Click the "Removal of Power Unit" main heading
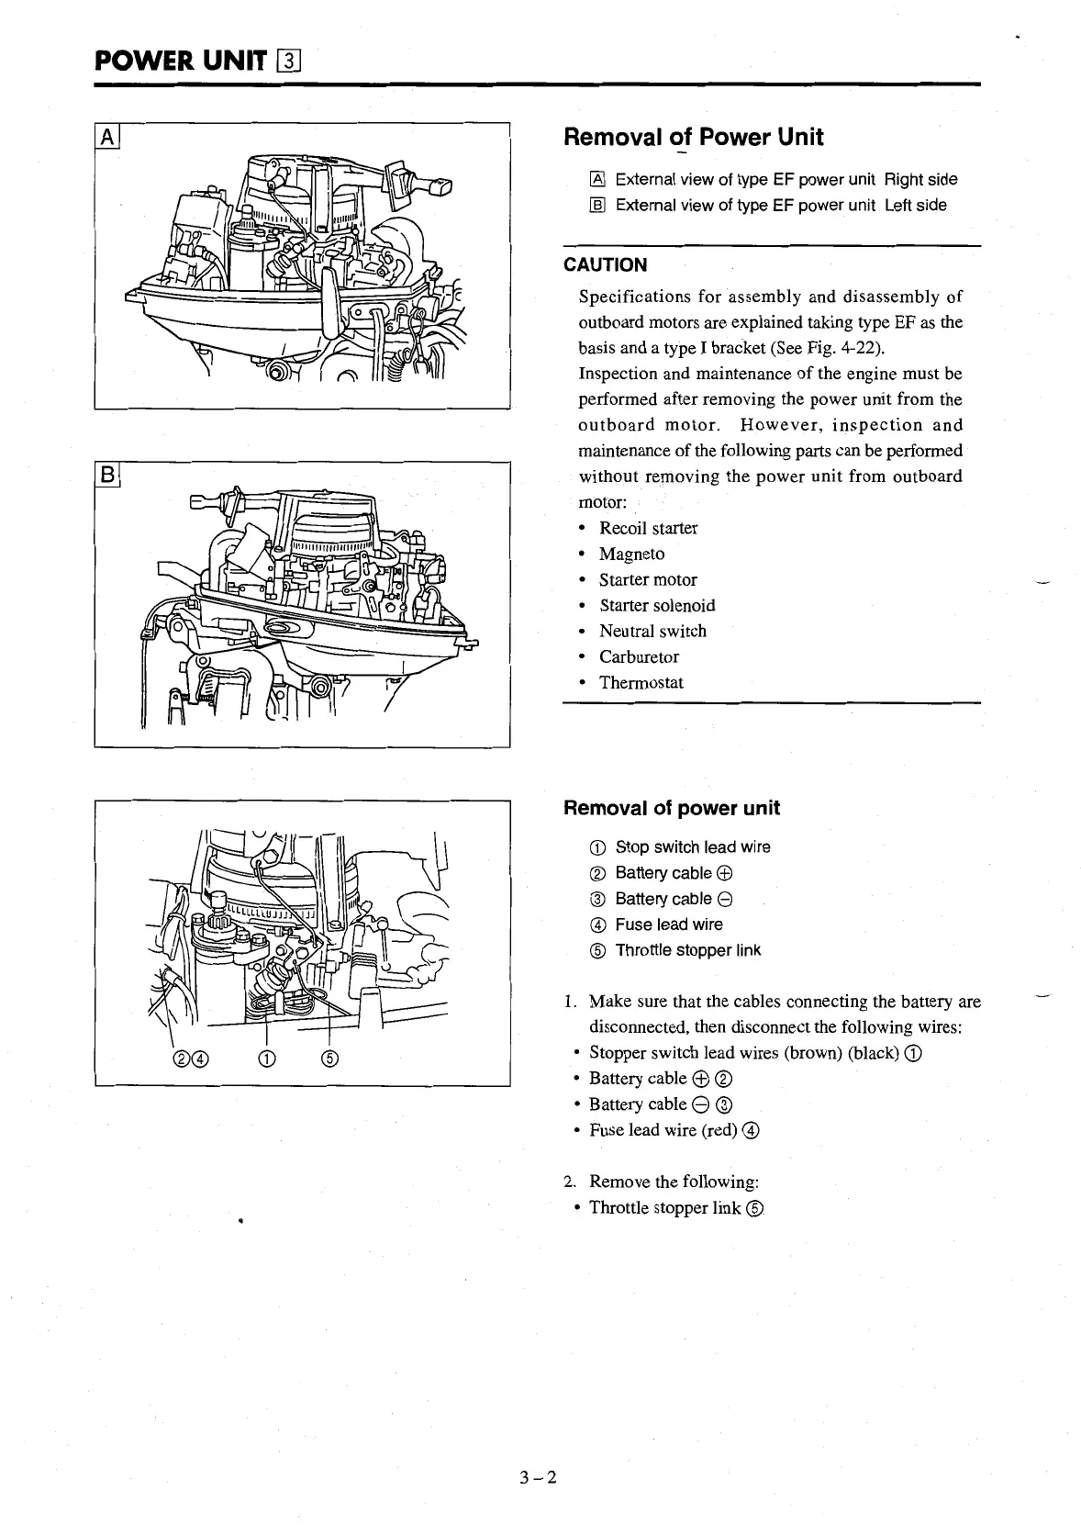pyautogui.click(x=693, y=138)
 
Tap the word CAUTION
pyautogui.click(x=605, y=265)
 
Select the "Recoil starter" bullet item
pyautogui.click(x=648, y=528)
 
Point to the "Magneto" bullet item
pyautogui.click(x=631, y=554)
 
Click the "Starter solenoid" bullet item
pyautogui.click(x=657, y=605)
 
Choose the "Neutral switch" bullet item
pyautogui.click(x=652, y=631)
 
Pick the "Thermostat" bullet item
pyautogui.click(x=641, y=682)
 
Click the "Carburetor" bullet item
pyautogui.click(x=639, y=656)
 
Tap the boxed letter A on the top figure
pyautogui.click(x=107, y=138)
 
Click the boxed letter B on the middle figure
pyautogui.click(x=107, y=476)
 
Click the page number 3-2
pyautogui.click(x=539, y=1477)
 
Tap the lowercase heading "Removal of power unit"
pyautogui.click(x=671, y=808)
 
